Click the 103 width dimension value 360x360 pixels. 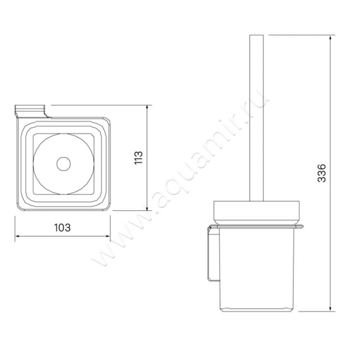62,227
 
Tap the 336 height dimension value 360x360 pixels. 321,173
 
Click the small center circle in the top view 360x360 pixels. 63,164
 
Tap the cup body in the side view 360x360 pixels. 256,270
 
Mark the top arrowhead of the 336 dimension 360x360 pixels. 331,36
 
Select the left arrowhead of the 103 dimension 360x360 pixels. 17,235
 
